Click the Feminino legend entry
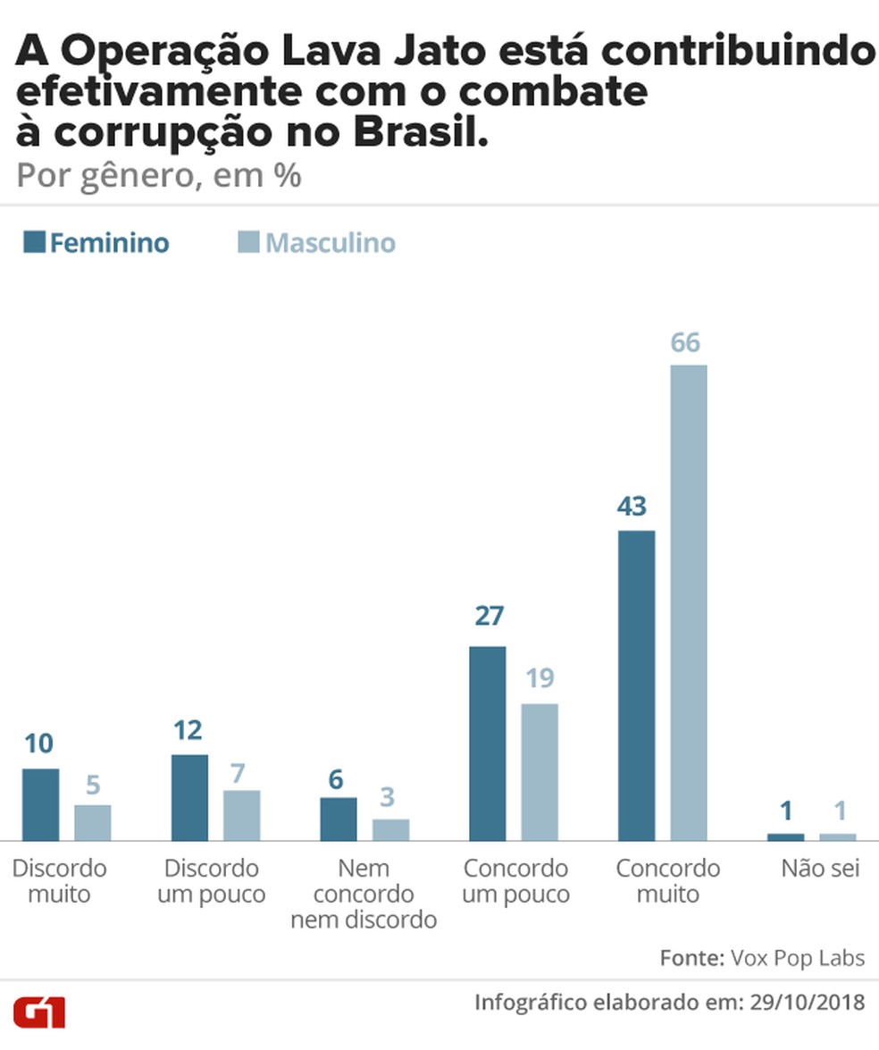click(96, 243)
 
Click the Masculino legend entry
click(317, 243)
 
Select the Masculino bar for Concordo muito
click(688, 602)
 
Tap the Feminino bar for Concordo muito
click(636, 685)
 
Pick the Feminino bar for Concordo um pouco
click(487, 743)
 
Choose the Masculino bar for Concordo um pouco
click(540, 771)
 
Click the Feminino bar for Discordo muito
click(40, 804)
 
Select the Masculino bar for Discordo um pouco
click(241, 815)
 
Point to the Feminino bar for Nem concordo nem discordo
click(339, 819)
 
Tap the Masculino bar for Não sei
click(837, 836)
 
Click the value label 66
click(685, 342)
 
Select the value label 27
click(489, 616)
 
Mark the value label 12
click(188, 730)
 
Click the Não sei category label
click(820, 868)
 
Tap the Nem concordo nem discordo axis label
click(364, 894)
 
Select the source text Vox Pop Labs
click(797, 958)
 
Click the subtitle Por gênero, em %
click(159, 176)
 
